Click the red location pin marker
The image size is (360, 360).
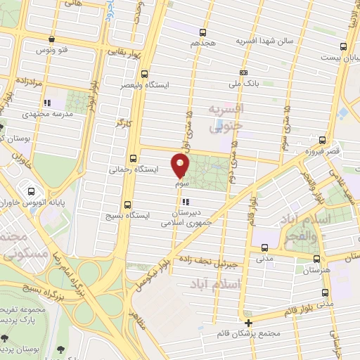click(181, 165)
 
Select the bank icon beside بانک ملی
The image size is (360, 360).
click(243, 72)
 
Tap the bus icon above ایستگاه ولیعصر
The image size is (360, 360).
click(145, 73)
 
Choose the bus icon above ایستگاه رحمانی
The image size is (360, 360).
click(134, 158)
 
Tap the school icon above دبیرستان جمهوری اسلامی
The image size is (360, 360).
click(185, 202)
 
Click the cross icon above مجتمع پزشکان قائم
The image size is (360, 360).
click(248, 322)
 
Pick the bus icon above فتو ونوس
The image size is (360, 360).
click(50, 39)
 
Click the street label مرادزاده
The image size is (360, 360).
click(28, 82)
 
